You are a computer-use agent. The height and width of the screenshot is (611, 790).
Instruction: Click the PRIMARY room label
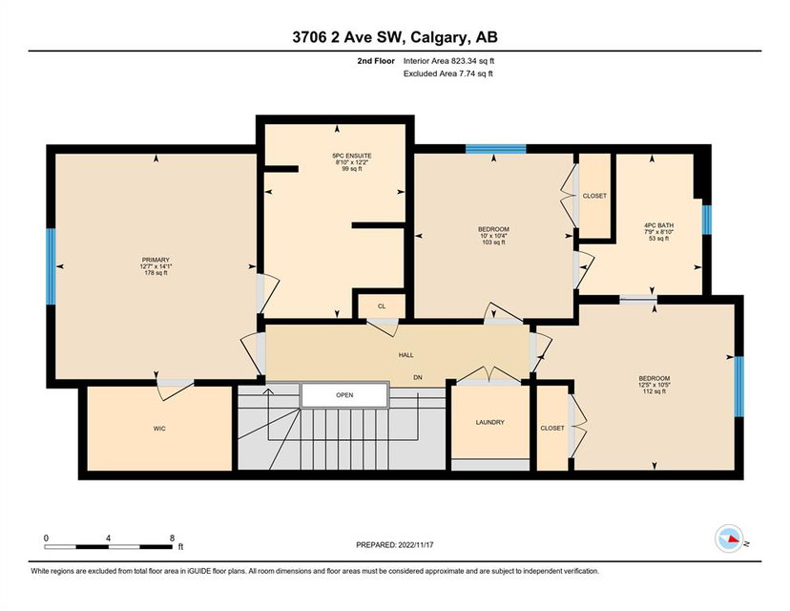click(156, 260)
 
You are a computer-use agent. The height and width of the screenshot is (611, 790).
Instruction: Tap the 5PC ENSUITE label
click(352, 157)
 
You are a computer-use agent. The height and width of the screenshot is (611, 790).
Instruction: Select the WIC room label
click(159, 429)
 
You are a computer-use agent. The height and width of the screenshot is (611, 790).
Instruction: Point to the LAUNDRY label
click(489, 423)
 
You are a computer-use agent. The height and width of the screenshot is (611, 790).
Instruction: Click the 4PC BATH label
click(659, 225)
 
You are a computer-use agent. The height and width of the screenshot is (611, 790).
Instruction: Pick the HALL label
click(406, 355)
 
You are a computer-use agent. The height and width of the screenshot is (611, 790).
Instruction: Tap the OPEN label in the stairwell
click(344, 395)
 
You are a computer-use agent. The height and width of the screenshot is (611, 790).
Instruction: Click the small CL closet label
click(382, 306)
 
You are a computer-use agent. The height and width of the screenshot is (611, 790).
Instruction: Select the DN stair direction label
click(418, 377)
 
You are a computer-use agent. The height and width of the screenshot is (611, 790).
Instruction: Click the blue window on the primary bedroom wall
click(51, 266)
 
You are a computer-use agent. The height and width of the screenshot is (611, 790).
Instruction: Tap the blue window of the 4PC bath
click(707, 220)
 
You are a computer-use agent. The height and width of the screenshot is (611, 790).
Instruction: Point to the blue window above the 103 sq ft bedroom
click(496, 149)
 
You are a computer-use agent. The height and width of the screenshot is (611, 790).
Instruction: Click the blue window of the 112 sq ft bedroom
click(739, 387)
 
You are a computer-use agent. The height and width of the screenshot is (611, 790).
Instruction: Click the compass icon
click(729, 538)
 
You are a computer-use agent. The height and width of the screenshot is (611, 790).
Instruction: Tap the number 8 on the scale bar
click(173, 537)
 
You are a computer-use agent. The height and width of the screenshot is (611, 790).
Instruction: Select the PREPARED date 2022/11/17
click(416, 545)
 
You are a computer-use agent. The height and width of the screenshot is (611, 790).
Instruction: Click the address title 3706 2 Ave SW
click(347, 37)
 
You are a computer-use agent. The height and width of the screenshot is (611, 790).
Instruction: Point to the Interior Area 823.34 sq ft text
click(449, 61)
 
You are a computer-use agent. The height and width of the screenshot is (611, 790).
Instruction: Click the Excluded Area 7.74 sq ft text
click(447, 74)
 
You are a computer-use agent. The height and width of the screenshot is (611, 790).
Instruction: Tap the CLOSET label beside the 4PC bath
click(594, 196)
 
